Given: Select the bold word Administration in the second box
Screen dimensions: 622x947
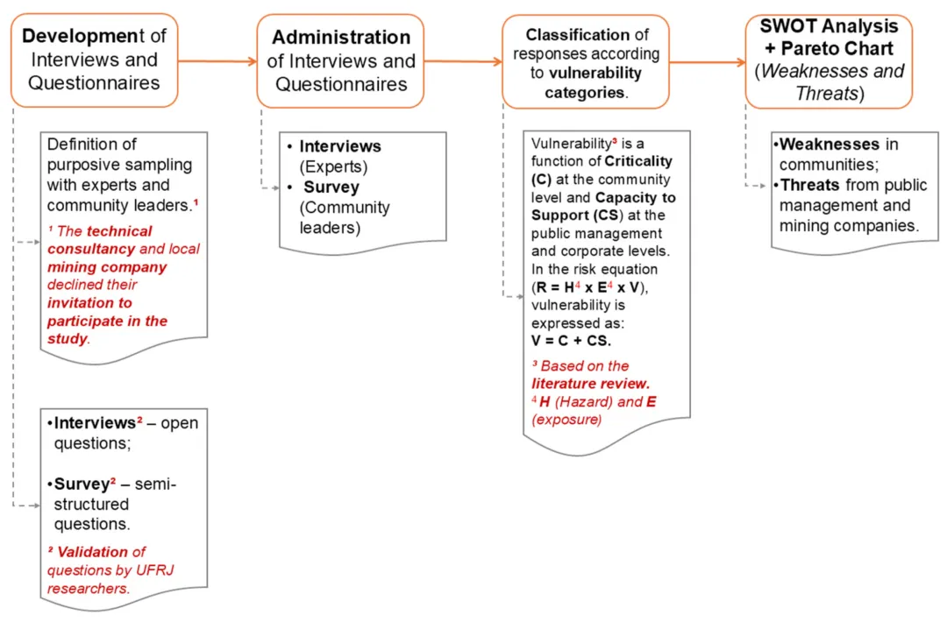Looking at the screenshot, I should pos(341,38).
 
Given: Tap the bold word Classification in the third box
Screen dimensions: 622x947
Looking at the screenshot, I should pos(577,35).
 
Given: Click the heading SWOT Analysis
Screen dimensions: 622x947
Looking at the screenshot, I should pos(829,26).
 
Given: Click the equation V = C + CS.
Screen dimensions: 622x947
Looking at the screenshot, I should pos(572,341).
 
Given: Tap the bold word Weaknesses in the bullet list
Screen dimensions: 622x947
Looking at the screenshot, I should pos(829,145).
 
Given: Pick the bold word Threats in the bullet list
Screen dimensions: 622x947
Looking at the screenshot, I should pos(810,186).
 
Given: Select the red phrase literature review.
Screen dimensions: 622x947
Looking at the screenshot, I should pos(590,383).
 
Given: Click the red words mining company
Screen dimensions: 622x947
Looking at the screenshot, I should pos(107,267).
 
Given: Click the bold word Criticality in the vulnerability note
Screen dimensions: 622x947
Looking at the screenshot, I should pos(638,161).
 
